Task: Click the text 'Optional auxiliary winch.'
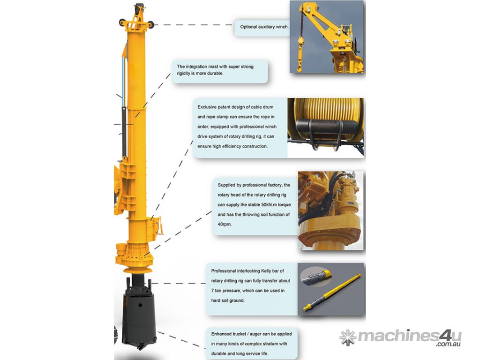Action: (264, 27)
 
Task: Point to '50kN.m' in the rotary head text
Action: (269, 205)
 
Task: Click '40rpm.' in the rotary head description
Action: (225, 225)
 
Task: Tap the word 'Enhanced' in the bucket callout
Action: (221, 334)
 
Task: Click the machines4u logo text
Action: (410, 336)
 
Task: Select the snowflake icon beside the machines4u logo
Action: (348, 337)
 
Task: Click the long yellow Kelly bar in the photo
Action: (333, 292)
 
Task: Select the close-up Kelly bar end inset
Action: (315, 276)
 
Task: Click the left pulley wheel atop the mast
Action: (123, 23)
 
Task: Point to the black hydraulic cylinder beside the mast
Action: (124, 132)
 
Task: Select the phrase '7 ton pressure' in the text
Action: (226, 291)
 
